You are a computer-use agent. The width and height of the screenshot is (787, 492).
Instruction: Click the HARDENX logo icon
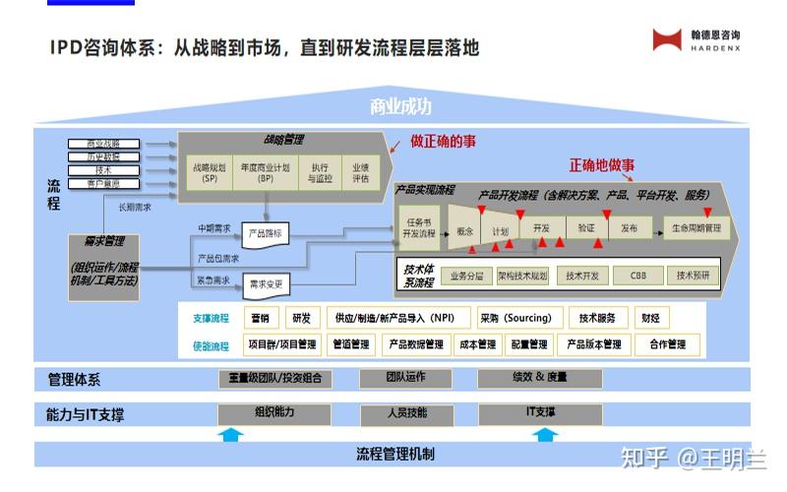point(667,39)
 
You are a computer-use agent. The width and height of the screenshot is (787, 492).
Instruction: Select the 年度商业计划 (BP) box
point(266,173)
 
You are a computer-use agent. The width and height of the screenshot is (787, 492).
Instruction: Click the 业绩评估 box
point(360,173)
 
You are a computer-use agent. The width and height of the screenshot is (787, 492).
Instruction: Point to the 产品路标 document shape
point(265,234)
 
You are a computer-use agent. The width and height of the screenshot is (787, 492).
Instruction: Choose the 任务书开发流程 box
point(419,228)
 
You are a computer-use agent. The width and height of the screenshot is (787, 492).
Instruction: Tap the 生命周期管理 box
point(696,228)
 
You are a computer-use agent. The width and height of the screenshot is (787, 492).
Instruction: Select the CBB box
point(637,277)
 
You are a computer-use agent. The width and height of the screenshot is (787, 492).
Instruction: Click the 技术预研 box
point(693,277)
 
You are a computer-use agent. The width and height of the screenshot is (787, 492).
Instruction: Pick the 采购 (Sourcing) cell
point(520,318)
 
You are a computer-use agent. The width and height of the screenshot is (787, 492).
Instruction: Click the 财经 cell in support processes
point(650,318)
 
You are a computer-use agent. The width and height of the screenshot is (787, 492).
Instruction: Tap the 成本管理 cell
point(478,344)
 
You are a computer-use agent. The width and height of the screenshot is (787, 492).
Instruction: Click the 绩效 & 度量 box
point(539,378)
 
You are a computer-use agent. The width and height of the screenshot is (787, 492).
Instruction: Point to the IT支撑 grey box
point(539,412)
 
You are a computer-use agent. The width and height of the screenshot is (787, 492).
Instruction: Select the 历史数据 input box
point(103,157)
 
